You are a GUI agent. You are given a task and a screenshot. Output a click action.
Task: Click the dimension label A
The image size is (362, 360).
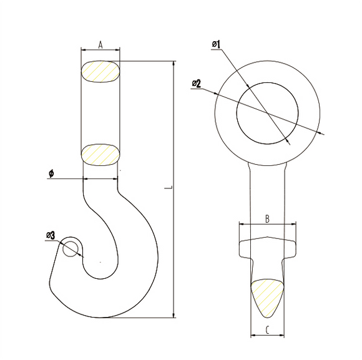point(100,45)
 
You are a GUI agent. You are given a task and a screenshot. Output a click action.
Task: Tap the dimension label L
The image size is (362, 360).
point(169,187)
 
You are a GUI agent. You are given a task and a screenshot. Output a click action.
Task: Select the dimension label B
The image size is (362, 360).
point(267,219)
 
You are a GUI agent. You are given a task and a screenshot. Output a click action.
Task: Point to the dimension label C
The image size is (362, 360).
point(267,330)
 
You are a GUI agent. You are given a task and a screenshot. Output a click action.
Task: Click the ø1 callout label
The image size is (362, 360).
point(217,44)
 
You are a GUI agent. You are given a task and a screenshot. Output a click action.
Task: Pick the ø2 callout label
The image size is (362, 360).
point(197,84)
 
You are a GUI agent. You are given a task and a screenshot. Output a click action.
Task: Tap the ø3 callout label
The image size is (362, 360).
point(51,235)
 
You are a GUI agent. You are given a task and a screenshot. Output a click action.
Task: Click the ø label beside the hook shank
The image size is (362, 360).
point(51,173)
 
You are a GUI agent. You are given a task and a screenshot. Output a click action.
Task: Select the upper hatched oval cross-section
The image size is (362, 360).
point(100,71)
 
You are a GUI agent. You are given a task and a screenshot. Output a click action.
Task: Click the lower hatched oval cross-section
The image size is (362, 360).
point(100,155)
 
